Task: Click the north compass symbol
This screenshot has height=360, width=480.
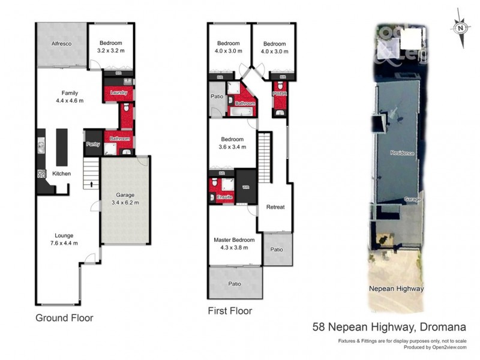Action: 461,27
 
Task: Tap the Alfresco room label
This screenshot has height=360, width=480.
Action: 62,44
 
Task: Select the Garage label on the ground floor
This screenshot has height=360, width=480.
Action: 125,196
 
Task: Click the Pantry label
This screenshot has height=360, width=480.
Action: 92,144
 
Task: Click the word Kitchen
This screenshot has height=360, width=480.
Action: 61,173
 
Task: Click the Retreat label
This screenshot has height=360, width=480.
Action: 275,207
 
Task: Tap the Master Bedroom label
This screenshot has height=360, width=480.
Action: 234,240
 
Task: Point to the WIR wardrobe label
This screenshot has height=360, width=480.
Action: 245,187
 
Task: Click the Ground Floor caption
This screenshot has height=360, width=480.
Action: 64,317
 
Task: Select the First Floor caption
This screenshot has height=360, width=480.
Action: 230,311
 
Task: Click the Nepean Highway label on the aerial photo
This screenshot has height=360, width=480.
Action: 396,289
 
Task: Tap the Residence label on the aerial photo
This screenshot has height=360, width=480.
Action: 402,153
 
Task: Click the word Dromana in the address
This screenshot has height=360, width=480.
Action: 427,328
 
